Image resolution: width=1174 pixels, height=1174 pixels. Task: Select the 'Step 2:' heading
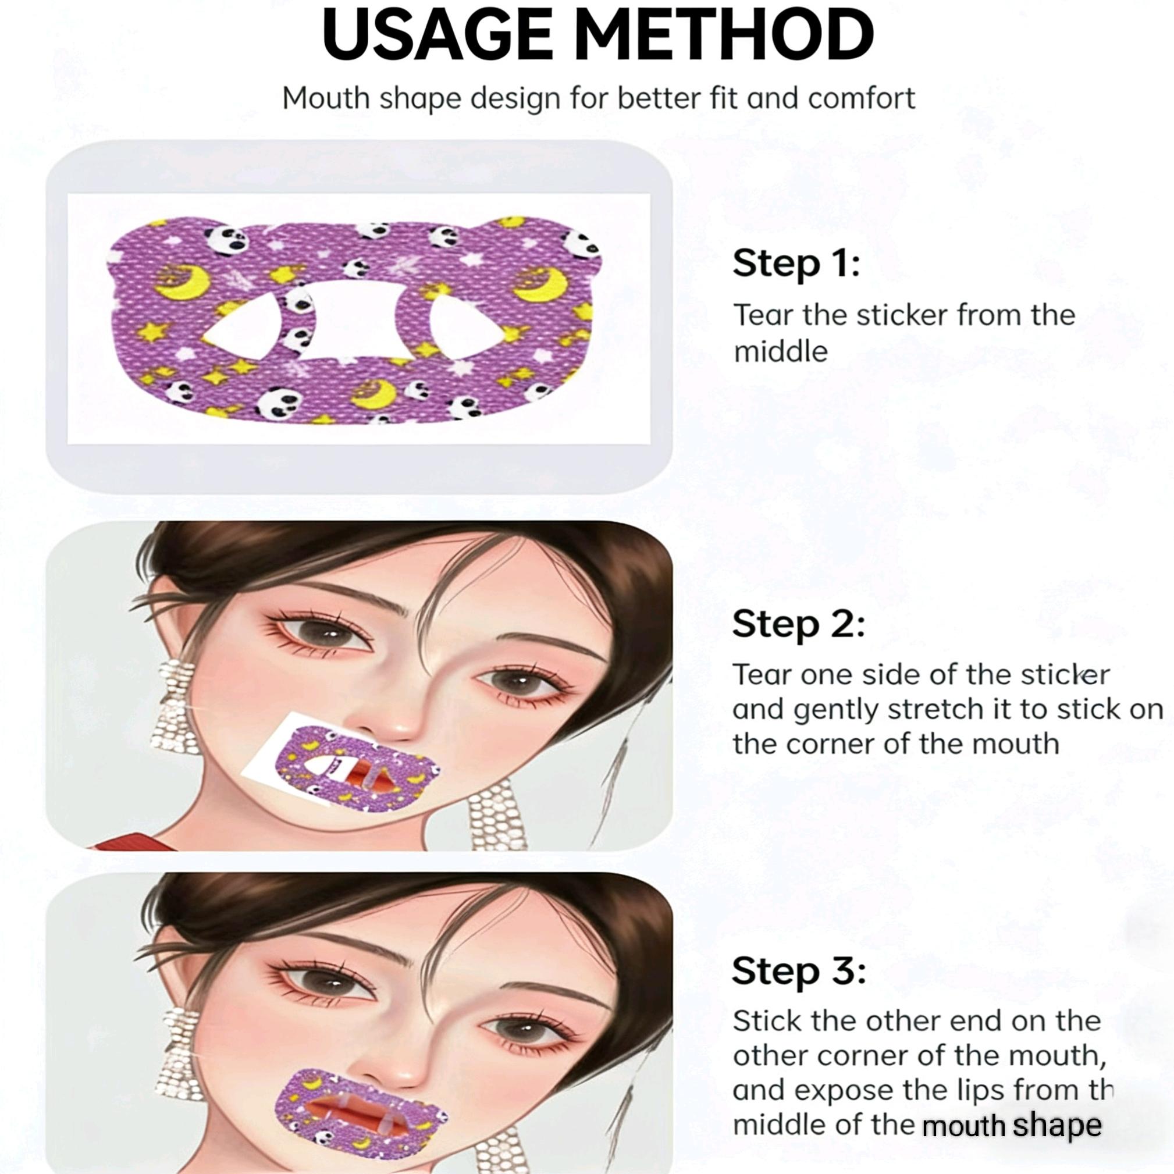(798, 624)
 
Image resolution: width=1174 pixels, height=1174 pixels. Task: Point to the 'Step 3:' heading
(798, 970)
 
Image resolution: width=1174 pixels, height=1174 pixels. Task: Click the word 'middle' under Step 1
(781, 352)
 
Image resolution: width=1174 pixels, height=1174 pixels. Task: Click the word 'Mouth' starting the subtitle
(326, 98)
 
